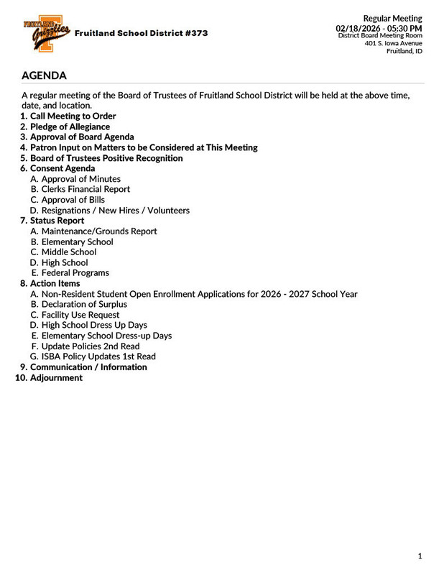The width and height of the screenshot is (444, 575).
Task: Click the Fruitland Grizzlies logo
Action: coord(47,33)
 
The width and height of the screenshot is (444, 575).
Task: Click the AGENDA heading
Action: coord(45,75)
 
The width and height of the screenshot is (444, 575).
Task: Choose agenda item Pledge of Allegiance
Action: coord(70,126)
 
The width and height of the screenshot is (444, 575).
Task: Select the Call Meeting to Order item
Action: coord(73,116)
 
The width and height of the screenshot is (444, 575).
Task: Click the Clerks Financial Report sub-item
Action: coord(85,189)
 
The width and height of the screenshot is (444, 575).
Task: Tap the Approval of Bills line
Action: coord(73,200)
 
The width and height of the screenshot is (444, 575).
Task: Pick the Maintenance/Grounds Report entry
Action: coord(99,231)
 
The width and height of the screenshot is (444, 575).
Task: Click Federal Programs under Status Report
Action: coord(75,273)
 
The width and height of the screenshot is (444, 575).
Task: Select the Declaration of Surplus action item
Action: coord(84,304)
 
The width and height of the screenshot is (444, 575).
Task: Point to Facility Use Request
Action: coord(80,315)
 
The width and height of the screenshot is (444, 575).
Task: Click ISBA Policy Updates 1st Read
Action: coord(98,356)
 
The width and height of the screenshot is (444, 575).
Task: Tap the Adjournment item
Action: coord(56,377)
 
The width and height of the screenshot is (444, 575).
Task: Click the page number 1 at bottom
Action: coord(420,556)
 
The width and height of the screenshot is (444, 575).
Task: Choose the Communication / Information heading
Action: coord(88,367)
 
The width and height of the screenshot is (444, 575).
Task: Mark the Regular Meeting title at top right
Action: coord(392,18)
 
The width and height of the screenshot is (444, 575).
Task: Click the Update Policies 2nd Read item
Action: coord(91,346)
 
